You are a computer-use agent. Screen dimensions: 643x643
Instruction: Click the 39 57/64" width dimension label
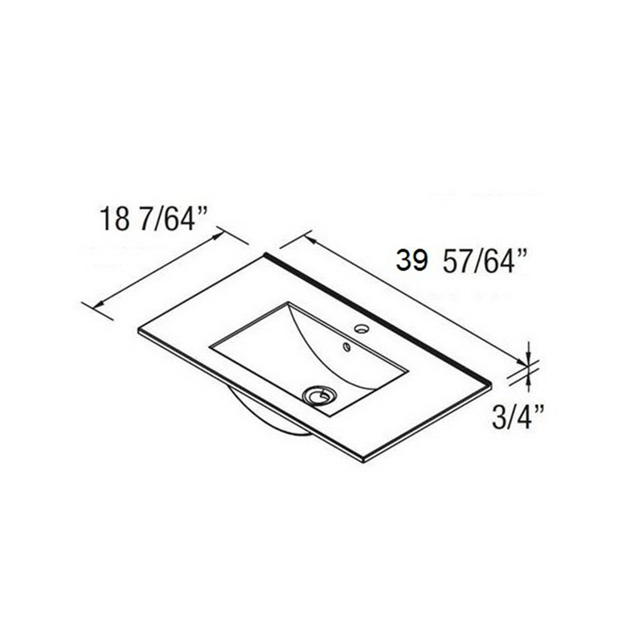pyautogui.click(x=461, y=261)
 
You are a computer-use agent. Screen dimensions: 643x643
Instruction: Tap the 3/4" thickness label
pyautogui.click(x=518, y=416)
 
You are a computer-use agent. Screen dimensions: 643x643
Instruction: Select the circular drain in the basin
pyautogui.click(x=320, y=395)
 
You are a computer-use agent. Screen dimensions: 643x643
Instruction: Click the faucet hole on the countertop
pyautogui.click(x=361, y=329)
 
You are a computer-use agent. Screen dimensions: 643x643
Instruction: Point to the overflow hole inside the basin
pyautogui.click(x=346, y=348)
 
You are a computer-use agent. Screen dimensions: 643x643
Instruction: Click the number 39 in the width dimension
pyautogui.click(x=411, y=261)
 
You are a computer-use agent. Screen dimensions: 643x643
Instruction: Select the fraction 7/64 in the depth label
pyautogui.click(x=174, y=219)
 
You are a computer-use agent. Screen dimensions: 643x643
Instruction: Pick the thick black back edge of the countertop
pyautogui.click(x=378, y=317)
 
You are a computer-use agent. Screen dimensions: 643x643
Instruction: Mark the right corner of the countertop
pyautogui.click(x=489, y=383)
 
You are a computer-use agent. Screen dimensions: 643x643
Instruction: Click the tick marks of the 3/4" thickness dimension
pyautogui.click(x=528, y=366)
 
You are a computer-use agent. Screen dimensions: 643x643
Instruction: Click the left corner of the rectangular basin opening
pyautogui.click(x=211, y=346)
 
